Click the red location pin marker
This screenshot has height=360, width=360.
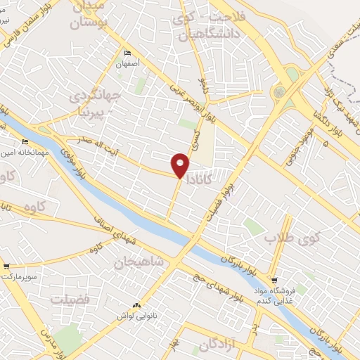point(181,165)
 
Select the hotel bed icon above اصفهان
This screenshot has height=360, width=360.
point(127,53)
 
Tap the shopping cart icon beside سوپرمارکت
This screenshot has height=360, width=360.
point(6,266)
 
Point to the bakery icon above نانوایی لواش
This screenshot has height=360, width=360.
point(136,306)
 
